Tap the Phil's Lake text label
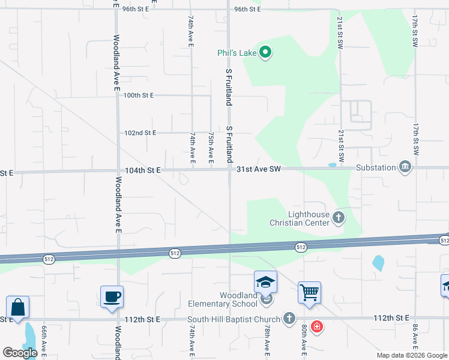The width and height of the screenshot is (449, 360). [x=237, y=53]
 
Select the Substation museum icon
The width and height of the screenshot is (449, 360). [x=405, y=167]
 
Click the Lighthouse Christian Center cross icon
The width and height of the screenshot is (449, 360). [x=339, y=217]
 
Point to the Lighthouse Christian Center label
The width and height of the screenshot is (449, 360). [x=309, y=218]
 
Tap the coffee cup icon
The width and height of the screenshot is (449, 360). [x=112, y=296]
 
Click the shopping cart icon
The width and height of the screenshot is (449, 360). [x=309, y=293]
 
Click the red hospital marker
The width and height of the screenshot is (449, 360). [x=316, y=327]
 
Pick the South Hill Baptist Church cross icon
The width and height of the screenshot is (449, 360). [x=289, y=319]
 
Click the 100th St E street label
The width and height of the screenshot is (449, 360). [x=138, y=95]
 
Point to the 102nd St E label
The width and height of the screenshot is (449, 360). [x=140, y=133]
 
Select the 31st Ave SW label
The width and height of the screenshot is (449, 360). [x=259, y=170]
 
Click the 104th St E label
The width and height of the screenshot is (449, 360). [x=143, y=170]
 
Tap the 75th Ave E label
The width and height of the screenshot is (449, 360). [x=211, y=146]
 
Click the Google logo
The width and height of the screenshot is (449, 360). [x=20, y=353]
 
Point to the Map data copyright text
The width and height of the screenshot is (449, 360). [x=412, y=355]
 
